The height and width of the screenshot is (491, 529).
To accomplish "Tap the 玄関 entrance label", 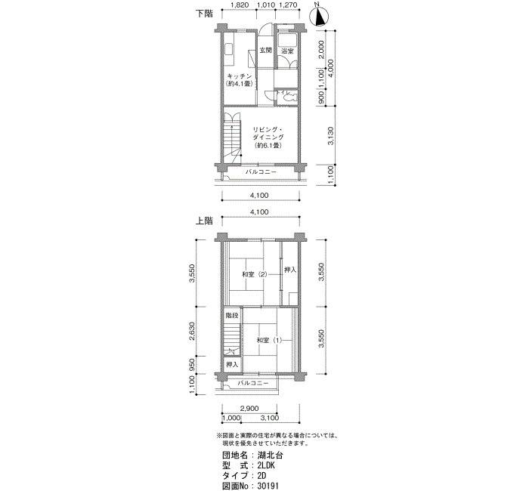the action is tap(265, 51).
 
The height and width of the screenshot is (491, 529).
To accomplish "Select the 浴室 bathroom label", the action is tap(287, 51).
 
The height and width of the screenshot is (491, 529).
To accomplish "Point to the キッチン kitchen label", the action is tap(240, 76).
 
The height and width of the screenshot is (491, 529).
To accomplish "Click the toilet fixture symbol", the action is tap(289, 97).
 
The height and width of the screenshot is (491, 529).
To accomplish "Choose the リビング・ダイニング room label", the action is tap(268, 134).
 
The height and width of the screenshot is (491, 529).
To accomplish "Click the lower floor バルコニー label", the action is tap(261, 172).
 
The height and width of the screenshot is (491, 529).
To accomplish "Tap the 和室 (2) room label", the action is tap(255, 274).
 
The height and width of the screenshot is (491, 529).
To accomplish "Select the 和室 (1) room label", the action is tap(269, 340).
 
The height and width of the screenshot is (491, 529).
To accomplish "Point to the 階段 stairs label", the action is tap(232, 316).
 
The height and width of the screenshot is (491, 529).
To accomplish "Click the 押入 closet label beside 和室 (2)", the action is tap(290, 270).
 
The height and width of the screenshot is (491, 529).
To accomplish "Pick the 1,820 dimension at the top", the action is tap(240, 5).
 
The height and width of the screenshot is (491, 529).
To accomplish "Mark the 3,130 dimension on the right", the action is tap(331, 135).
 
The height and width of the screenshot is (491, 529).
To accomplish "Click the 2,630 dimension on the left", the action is tap(192, 331).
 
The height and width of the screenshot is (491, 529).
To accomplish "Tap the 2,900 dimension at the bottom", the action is tap(249, 409).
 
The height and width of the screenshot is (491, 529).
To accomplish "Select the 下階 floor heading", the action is tap(205, 14).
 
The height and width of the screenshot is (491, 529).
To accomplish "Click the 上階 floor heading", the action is tap(205, 221).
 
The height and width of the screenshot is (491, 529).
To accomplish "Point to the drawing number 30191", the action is tap(268, 486).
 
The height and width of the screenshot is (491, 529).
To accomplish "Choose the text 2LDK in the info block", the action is tap(266, 466).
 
